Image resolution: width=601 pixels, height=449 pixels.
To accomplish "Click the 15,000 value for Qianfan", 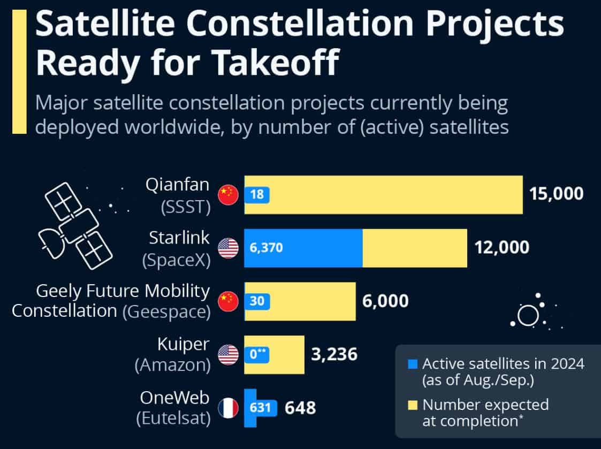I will tap(556, 194).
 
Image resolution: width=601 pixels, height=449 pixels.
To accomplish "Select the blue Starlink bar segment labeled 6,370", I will tap(303, 248).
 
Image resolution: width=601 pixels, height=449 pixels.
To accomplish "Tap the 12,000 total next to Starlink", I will tap(502, 248).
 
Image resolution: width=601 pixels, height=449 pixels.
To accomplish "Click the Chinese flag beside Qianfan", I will tap(228, 194).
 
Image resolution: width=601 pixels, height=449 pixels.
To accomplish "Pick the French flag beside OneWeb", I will tap(228, 408).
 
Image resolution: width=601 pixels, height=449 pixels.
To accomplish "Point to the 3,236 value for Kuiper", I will tap(334, 354).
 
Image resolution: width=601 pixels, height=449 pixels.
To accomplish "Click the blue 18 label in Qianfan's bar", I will tap(257, 194).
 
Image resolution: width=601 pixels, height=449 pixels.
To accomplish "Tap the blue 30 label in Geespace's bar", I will tap(257, 301).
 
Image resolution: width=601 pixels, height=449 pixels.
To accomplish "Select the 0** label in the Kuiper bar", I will tap(258, 354).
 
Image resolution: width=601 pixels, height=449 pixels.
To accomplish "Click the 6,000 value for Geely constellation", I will tap(385, 301).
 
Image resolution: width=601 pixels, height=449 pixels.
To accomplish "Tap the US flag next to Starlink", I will tap(228, 248).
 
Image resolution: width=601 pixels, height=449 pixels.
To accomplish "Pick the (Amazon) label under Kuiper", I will tap(172, 366).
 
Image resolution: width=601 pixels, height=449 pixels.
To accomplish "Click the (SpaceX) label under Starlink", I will tap(176, 259).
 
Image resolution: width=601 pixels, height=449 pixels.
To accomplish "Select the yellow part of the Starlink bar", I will tap(415, 248).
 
